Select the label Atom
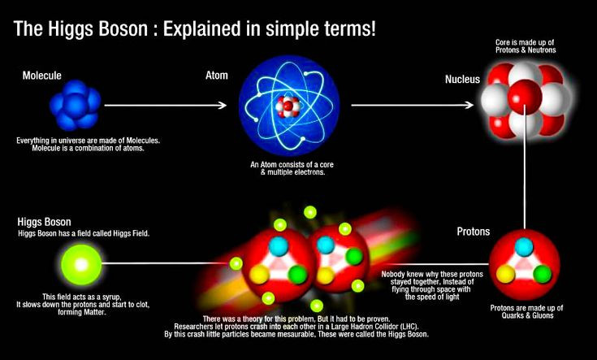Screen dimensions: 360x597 [218, 75]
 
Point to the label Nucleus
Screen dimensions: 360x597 [462, 80]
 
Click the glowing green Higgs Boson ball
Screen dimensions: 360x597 [79, 264]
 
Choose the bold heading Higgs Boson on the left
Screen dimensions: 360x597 [44, 222]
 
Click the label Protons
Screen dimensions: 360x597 [472, 232]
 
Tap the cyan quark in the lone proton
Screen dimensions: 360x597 [525, 246]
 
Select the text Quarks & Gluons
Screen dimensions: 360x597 [526, 318]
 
